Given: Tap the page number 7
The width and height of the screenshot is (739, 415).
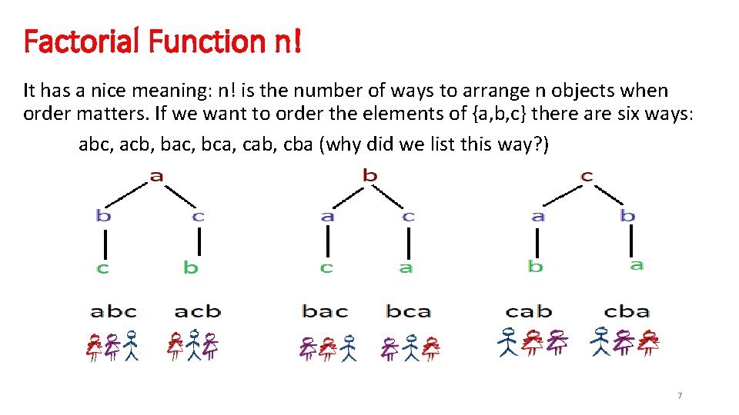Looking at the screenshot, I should (679, 395).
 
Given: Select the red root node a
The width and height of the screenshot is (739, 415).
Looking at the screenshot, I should (156, 176).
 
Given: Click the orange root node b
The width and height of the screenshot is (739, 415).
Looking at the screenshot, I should (370, 176).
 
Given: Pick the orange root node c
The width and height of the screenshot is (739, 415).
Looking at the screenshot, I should (587, 176).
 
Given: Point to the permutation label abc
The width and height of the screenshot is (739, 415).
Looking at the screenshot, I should (113, 311).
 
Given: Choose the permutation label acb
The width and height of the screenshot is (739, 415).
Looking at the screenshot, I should (197, 311).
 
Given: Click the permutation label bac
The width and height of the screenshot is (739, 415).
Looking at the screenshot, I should (325, 311).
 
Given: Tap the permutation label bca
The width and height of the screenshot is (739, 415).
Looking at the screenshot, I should (408, 311).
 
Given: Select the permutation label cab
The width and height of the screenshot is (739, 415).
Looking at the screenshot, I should (529, 311).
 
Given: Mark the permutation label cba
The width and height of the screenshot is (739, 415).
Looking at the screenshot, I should (627, 311).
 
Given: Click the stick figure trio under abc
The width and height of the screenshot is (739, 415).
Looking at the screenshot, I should (112, 346).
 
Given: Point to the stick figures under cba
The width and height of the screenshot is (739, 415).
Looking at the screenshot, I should (625, 343).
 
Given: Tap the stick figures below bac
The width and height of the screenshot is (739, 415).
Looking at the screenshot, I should (328, 347).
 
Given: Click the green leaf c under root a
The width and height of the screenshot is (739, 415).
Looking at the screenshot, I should (102, 267).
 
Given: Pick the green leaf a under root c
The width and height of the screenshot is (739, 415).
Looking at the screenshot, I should (636, 264).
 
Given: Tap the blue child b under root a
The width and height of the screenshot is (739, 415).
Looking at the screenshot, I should (103, 216).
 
